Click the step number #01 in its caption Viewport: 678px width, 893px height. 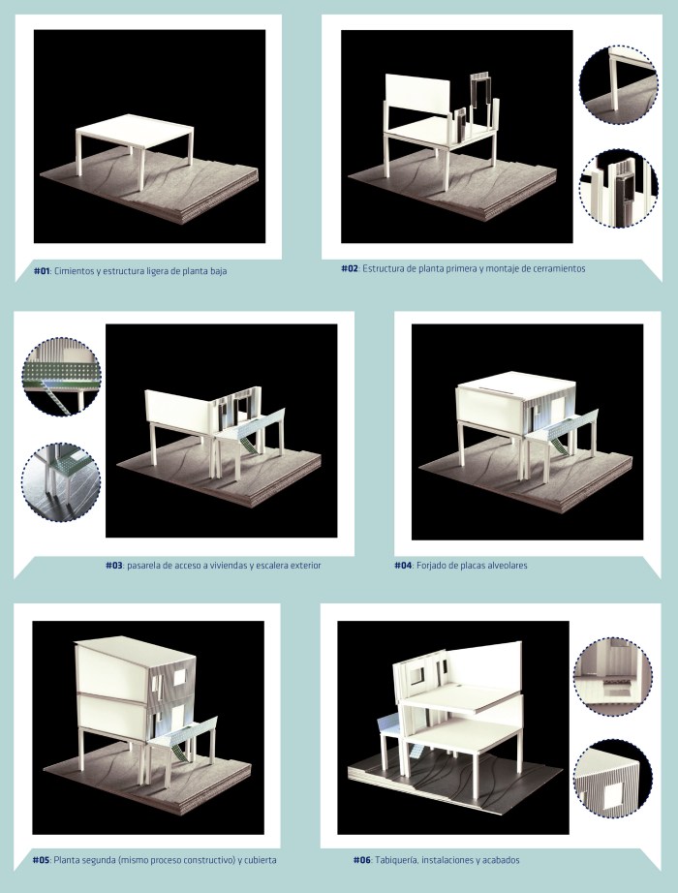[43, 271]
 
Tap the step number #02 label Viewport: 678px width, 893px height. [350, 269]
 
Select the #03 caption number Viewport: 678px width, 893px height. [114, 566]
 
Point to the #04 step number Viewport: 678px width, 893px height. [403, 566]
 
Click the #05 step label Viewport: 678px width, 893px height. [41, 860]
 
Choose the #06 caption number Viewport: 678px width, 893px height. [362, 860]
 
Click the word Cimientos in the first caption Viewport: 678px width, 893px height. [74, 271]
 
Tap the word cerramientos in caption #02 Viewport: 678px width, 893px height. [560, 269]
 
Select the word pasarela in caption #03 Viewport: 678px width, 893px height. [143, 566]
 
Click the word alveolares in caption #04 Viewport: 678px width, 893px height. [508, 566]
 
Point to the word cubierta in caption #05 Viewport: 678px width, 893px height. [260, 860]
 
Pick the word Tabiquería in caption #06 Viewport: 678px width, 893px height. [395, 860]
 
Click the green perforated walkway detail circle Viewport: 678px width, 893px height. [62, 377]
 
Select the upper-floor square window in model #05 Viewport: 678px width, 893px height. [180, 677]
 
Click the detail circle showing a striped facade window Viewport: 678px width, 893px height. [612, 782]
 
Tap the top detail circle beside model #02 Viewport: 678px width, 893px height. [619, 85]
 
